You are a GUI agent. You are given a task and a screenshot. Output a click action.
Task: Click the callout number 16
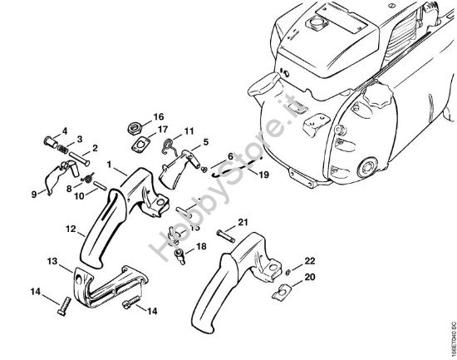click(159, 116)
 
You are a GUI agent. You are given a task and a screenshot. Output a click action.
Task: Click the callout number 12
click(71, 226)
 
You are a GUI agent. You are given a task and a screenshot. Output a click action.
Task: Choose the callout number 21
click(243, 220)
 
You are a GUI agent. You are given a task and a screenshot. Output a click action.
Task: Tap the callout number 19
click(264, 175)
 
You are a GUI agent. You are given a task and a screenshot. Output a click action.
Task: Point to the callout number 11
click(189, 131)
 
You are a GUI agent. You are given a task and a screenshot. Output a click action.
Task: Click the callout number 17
click(164, 129)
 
